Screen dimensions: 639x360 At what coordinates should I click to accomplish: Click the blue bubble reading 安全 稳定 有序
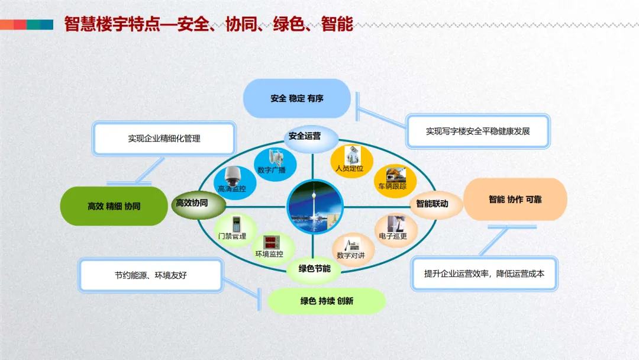coord(296,98)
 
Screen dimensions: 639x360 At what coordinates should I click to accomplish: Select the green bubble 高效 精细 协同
coord(114,206)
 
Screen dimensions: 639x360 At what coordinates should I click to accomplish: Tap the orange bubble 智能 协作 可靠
coord(515,200)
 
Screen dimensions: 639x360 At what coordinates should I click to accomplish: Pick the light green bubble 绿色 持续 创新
coord(327,301)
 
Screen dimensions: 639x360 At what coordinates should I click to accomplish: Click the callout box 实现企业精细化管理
coord(164,139)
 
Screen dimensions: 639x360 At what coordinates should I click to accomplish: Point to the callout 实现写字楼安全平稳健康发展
coord(478,131)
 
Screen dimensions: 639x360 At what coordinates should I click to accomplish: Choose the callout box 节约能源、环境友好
coord(151,275)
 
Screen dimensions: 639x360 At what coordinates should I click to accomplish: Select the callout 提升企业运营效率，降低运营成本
coord(484,274)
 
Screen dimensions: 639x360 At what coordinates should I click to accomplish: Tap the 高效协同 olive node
coord(198,205)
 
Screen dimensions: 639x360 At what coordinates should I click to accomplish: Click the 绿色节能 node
coord(314,269)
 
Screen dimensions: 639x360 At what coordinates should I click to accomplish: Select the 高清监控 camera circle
coord(235,182)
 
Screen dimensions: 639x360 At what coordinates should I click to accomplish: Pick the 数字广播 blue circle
coord(275,164)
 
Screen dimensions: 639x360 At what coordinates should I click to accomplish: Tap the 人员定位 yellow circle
coord(351,162)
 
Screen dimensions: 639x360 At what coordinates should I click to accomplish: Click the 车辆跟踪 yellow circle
coord(395,181)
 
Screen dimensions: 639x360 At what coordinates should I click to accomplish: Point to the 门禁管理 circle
coord(235,230)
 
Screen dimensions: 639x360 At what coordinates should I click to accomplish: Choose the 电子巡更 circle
coord(396,230)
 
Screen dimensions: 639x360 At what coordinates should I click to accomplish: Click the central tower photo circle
coord(315,207)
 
